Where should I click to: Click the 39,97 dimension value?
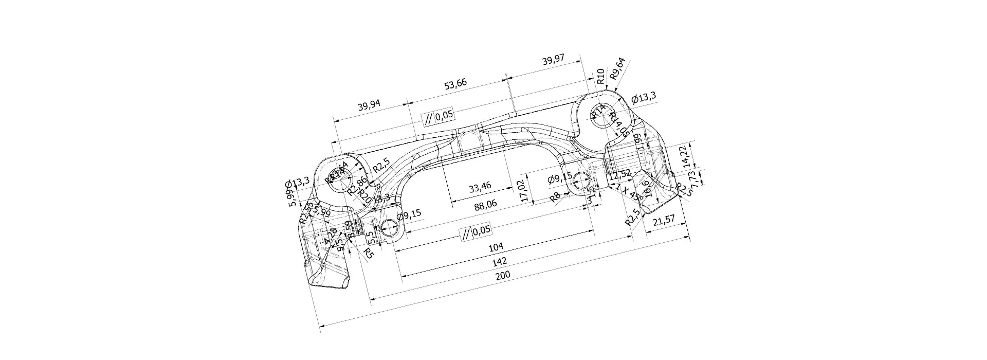click(553, 60)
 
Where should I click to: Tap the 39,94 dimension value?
click(369, 106)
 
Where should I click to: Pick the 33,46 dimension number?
click(480, 187)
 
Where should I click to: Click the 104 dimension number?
click(496, 247)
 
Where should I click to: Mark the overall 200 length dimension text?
click(503, 276)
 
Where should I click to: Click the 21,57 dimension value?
click(663, 221)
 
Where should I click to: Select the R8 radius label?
click(555, 196)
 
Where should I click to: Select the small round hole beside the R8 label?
click(582, 181)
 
